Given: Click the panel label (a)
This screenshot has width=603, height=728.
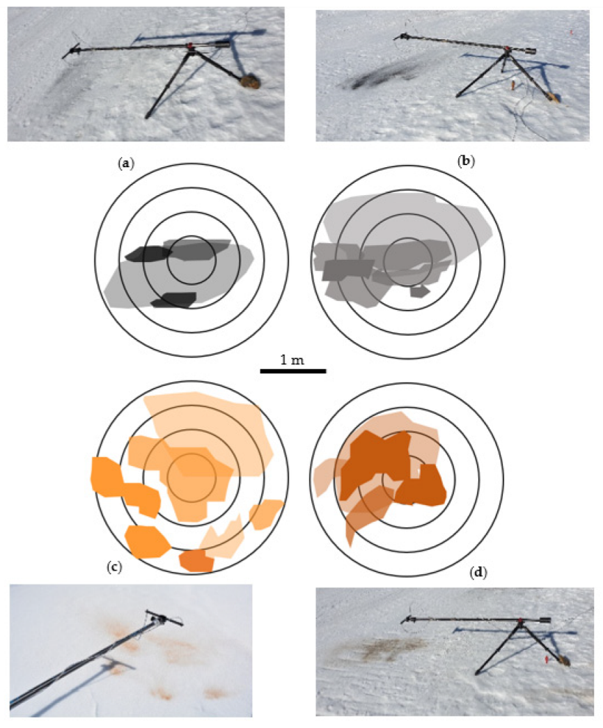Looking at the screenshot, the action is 126,164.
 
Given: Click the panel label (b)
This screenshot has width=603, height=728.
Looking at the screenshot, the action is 466,161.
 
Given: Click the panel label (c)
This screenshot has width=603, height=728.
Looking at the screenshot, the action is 114,567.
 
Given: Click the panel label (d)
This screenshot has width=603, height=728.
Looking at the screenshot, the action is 478,573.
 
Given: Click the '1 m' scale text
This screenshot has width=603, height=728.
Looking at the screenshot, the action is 292,360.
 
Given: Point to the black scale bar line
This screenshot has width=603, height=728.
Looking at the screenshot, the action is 293,371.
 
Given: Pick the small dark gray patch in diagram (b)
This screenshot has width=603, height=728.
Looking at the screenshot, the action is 420,292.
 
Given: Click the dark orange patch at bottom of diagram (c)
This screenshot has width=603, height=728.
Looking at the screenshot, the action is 197,561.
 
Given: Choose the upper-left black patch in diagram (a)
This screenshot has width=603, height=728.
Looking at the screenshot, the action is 148,254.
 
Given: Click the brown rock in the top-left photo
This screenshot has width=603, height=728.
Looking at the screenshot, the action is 250,82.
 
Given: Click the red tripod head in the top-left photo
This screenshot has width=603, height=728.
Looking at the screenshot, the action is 189,45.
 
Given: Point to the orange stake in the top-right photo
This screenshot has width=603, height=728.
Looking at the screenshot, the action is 513,86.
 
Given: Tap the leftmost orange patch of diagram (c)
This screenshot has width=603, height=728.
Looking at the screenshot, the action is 107,477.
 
